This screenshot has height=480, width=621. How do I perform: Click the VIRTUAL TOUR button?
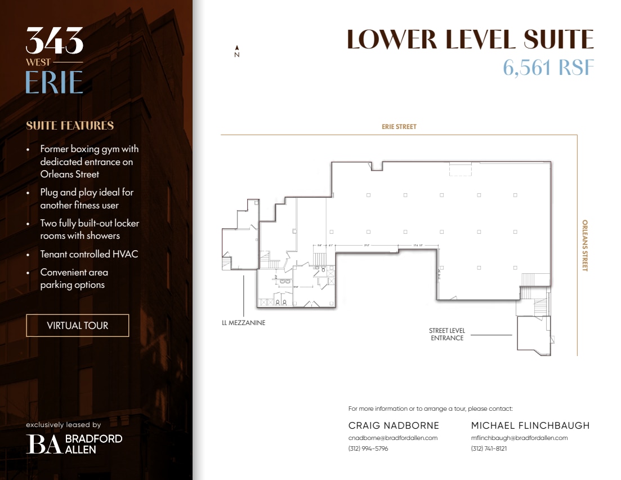pyautogui.click(x=78, y=326)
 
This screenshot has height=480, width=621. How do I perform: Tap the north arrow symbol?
pyautogui.click(x=237, y=51)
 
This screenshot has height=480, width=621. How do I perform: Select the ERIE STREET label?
pyautogui.click(x=399, y=127)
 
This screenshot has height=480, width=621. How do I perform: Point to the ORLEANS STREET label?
pyautogui.click(x=584, y=246)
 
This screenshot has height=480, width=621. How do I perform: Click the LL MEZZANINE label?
pyautogui.click(x=243, y=323)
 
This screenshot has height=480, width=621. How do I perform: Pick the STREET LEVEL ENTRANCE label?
pyautogui.click(x=447, y=335)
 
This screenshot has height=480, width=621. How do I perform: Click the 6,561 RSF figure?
pyautogui.click(x=548, y=68)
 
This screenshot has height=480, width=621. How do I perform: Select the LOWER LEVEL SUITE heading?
pyautogui.click(x=470, y=39)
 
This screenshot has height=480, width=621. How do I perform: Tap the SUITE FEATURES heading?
pyautogui.click(x=70, y=126)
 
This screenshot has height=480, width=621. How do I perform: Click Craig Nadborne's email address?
pyautogui.click(x=393, y=438)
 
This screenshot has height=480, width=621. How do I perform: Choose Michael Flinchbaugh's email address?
pyautogui.click(x=519, y=438)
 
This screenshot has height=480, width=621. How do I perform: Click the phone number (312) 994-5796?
pyautogui.click(x=368, y=448)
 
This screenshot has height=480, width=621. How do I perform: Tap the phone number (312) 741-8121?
pyautogui.click(x=489, y=448)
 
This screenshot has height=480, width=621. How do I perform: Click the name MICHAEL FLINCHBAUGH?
pyautogui.click(x=530, y=425)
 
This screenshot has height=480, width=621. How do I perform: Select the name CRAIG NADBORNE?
pyautogui.click(x=394, y=425)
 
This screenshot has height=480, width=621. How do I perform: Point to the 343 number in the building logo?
pyautogui.click(x=55, y=41)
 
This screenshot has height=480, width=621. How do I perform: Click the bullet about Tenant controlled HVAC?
pyautogui.click(x=89, y=254)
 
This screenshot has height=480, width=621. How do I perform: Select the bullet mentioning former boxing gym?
pyautogui.click(x=89, y=162)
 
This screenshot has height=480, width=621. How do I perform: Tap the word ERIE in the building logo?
pyautogui.click(x=54, y=82)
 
